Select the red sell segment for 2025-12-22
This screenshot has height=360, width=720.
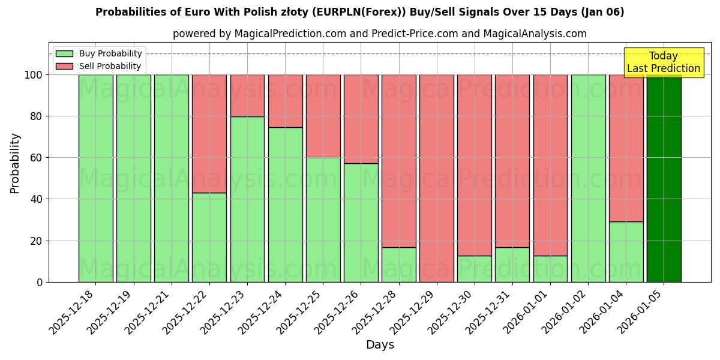click(x=209, y=133)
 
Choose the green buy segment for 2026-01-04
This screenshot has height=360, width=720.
click(x=626, y=251)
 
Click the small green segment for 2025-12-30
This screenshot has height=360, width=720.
click(x=475, y=269)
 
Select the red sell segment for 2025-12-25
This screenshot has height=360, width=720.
click(x=323, y=116)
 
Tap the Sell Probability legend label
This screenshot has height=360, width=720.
click(x=110, y=66)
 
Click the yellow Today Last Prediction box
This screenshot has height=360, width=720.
click(x=663, y=62)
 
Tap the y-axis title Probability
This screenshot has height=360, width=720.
click(x=15, y=163)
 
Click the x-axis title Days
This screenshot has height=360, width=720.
click(x=380, y=345)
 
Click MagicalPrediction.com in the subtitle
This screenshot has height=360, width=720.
click(x=290, y=34)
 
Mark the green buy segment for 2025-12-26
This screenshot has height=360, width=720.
click(x=361, y=222)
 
